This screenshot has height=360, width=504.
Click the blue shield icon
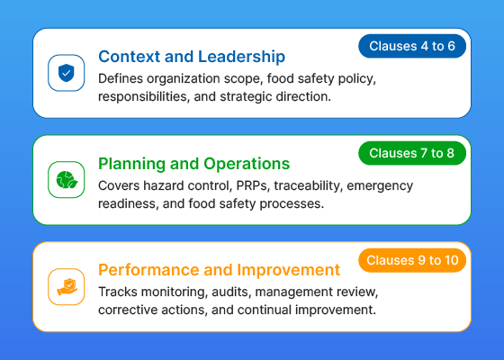click(67, 73)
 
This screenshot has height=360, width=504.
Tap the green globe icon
click(67, 180)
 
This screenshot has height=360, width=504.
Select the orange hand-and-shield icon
click(67, 287)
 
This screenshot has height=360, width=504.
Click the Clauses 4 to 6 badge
click(412, 46)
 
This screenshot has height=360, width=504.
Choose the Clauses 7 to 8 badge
click(412, 153)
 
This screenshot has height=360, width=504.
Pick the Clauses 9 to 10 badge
click(412, 260)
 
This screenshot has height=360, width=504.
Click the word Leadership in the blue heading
click(241, 57)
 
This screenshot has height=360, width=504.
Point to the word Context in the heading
click(130, 57)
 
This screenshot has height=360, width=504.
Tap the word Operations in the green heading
click(247, 164)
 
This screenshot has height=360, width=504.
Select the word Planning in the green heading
click(132, 164)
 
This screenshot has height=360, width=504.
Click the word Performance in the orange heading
click(148, 270)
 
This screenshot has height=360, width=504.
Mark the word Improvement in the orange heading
click(288, 270)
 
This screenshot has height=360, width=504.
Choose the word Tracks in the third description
click(118, 292)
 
